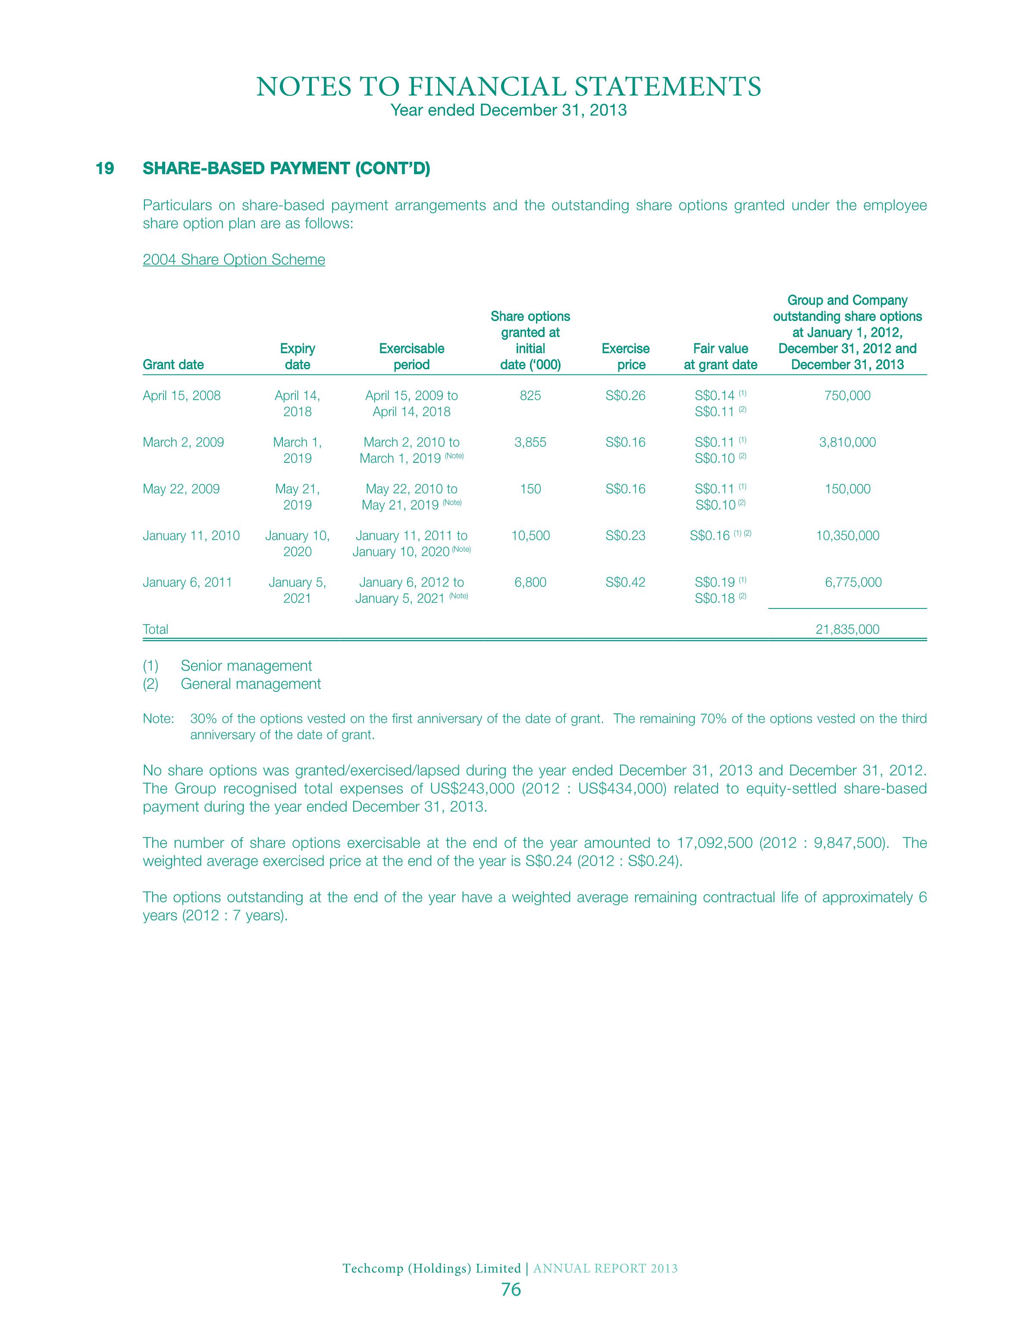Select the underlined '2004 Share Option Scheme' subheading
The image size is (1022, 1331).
coord(234,260)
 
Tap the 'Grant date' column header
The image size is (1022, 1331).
coord(173,364)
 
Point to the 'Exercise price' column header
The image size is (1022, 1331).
coord(625,357)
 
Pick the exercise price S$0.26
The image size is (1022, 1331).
coord(625,396)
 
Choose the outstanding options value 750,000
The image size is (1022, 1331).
coord(847,396)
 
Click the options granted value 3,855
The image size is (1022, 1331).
coord(530,442)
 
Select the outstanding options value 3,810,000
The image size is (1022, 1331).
coord(847,442)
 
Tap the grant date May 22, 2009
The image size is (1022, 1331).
coord(181,489)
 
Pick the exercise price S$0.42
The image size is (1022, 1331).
coord(625,582)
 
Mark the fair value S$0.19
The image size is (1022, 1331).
coord(715,582)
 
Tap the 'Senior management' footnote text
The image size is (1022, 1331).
coord(246,665)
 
